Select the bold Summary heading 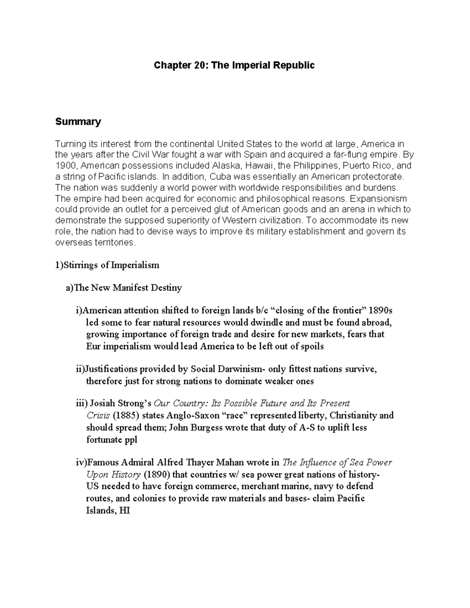pos(78,122)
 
